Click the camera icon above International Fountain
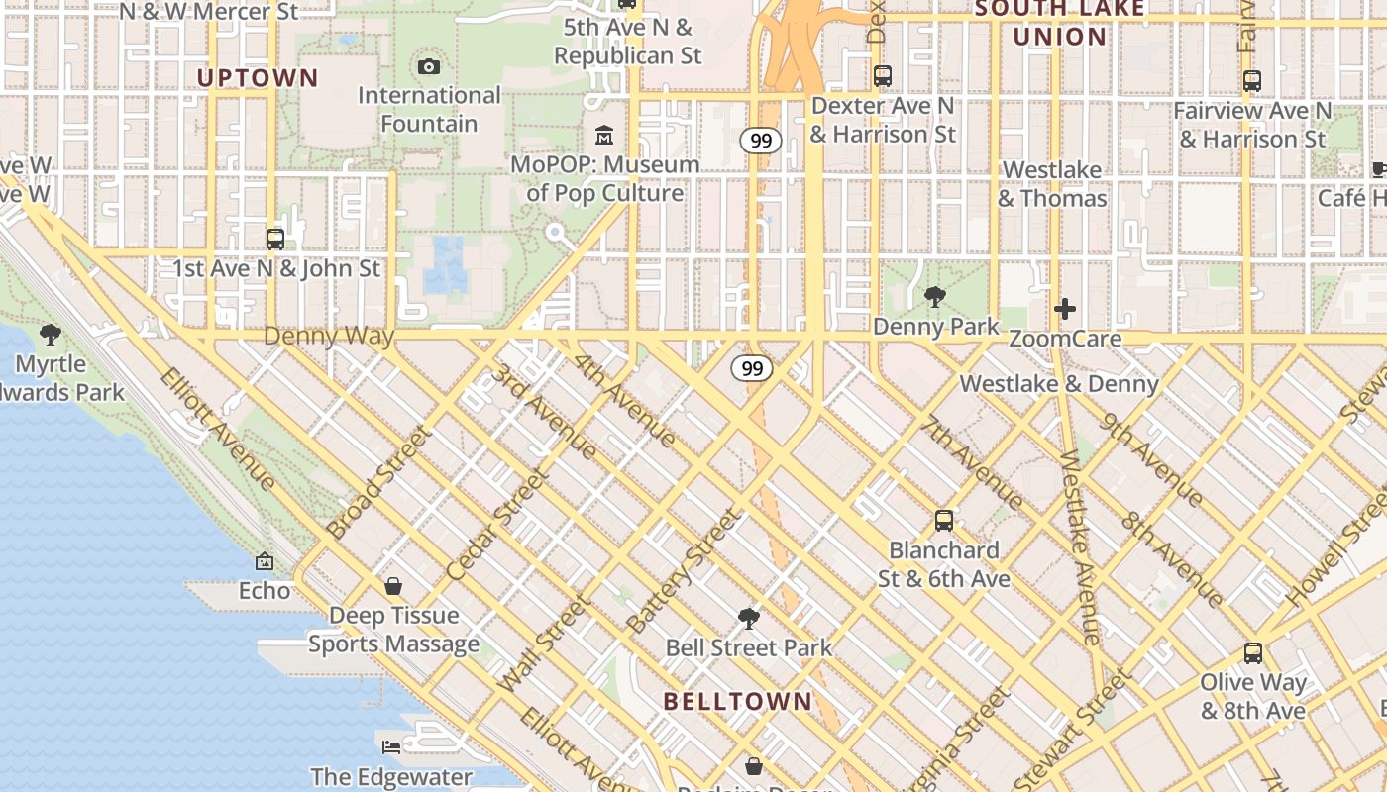point(429,66)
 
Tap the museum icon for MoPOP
point(603,134)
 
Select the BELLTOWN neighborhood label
point(737,701)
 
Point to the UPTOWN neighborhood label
point(258,78)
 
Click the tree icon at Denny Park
point(933,296)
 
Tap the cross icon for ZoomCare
point(1065,309)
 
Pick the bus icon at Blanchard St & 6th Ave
point(944,520)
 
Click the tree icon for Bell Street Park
point(749,619)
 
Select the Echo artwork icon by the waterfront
point(265,561)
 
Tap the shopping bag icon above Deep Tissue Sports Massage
point(393,586)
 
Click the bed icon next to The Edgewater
point(391,745)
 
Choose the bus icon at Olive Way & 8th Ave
point(1253,652)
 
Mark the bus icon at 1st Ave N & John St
point(275,239)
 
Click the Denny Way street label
point(329,337)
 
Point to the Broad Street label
point(381,482)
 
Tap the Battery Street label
point(684,571)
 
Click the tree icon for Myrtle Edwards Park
point(51,335)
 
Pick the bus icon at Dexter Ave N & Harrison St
point(883,75)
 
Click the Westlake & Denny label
point(1059,383)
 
